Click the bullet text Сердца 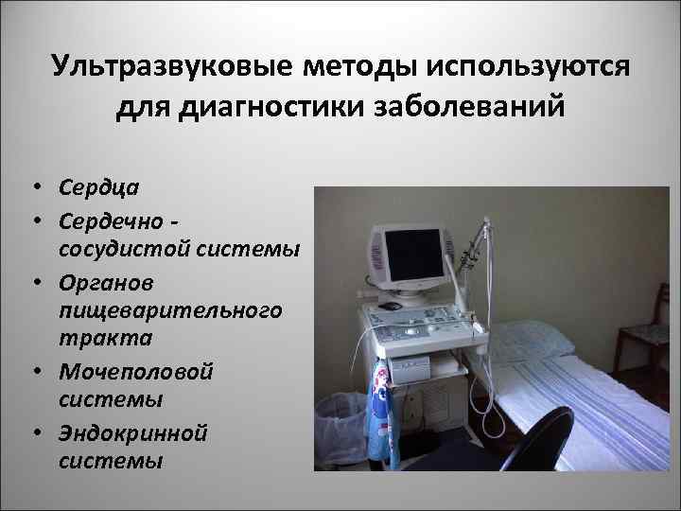coord(97,186)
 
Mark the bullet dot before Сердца coord(34,187)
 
